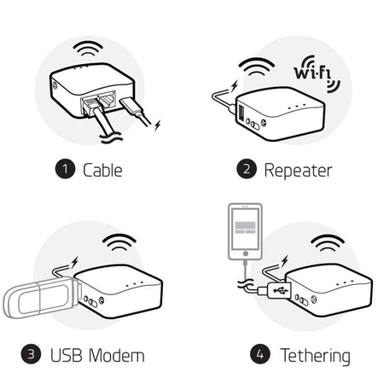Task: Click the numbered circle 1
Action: [66, 169]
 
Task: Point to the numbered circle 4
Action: [258, 353]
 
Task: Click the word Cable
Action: [102, 169]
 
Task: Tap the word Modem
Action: [117, 353]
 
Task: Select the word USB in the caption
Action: [65, 353]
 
